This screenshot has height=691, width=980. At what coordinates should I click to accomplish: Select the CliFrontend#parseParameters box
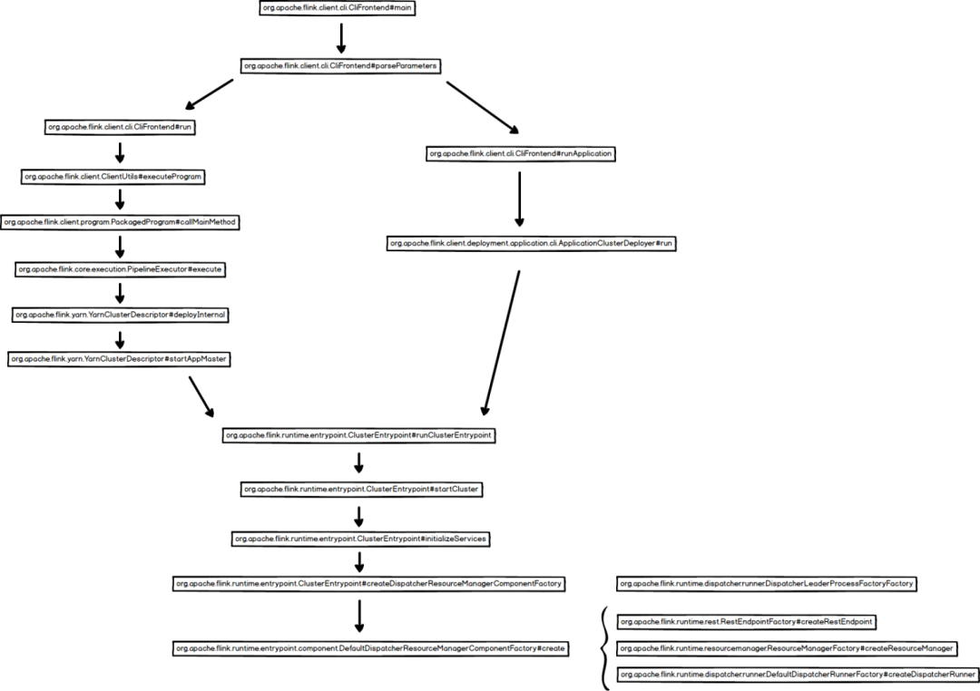340,65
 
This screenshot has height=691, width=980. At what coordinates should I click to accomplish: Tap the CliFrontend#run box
120,127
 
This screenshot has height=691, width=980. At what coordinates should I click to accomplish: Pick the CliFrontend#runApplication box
521,154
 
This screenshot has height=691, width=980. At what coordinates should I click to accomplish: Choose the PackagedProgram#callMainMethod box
120,222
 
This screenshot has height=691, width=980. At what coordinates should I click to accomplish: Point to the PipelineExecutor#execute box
120,269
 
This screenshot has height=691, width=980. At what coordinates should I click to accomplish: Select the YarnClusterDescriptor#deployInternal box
120,315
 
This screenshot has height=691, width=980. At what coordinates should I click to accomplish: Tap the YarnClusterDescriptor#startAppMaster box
119,359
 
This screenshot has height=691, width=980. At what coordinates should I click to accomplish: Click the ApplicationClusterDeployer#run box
532,243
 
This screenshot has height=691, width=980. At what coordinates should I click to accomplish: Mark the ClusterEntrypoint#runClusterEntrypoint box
359,435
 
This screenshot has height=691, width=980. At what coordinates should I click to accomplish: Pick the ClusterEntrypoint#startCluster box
360,489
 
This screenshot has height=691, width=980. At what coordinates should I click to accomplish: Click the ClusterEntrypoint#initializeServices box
361,539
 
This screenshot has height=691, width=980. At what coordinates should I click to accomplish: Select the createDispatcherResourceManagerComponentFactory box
368,583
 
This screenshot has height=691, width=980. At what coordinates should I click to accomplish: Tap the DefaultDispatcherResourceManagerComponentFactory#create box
371,648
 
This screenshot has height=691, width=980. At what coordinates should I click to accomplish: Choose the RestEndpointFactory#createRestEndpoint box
746,621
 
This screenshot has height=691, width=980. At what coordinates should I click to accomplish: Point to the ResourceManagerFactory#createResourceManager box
787,648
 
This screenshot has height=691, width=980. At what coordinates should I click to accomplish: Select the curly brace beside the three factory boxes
604,648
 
